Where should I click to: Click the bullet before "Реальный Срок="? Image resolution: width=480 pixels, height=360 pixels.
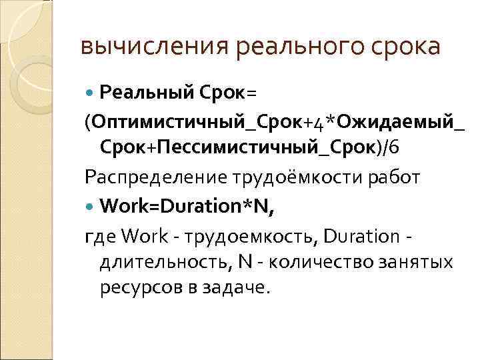pyautogui.click(x=91, y=90)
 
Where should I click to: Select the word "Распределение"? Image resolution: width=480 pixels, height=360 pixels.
pyautogui.click(x=154, y=177)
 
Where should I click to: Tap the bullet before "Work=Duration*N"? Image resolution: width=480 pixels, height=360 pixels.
pyautogui.click(x=91, y=206)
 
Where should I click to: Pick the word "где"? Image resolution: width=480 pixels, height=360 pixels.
pyautogui.click(x=98, y=235)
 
